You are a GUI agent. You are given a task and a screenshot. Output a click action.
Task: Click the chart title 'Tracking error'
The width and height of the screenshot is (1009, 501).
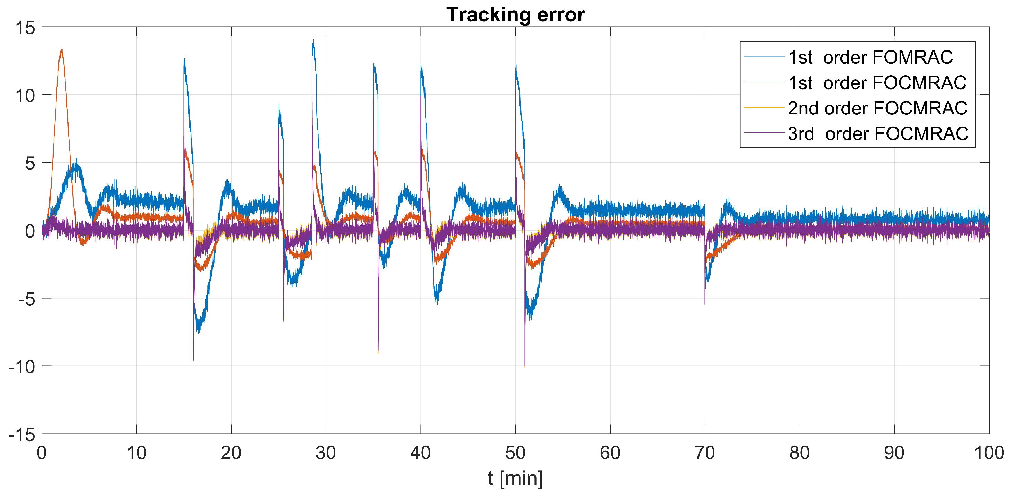point(515,15)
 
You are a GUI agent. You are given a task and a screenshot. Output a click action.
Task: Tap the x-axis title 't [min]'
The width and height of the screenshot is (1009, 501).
point(515,478)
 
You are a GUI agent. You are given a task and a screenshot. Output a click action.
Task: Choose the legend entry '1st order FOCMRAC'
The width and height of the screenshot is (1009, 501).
point(877,83)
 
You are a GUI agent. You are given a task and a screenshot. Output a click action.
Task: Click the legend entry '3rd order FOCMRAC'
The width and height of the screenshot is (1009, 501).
point(878,134)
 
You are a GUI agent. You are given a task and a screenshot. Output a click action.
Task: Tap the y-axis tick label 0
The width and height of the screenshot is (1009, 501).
point(30,231)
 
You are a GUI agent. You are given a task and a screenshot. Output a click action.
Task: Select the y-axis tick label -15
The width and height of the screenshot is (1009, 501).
point(21,435)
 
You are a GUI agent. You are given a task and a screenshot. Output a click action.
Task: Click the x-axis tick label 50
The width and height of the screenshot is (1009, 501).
point(515,453)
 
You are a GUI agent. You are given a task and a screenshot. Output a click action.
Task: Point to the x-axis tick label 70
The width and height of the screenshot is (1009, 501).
point(705,453)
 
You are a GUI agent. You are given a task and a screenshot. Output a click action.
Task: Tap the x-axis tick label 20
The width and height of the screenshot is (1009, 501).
point(231,453)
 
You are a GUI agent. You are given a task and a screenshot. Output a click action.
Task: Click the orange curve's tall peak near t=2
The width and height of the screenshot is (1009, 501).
point(62,50)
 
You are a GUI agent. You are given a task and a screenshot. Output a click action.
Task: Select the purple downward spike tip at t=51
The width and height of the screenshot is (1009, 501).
point(525,367)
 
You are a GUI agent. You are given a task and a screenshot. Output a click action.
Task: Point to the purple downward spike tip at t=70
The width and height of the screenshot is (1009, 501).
point(705,303)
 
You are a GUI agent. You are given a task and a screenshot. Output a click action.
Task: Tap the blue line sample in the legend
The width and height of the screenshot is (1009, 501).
point(764,57)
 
